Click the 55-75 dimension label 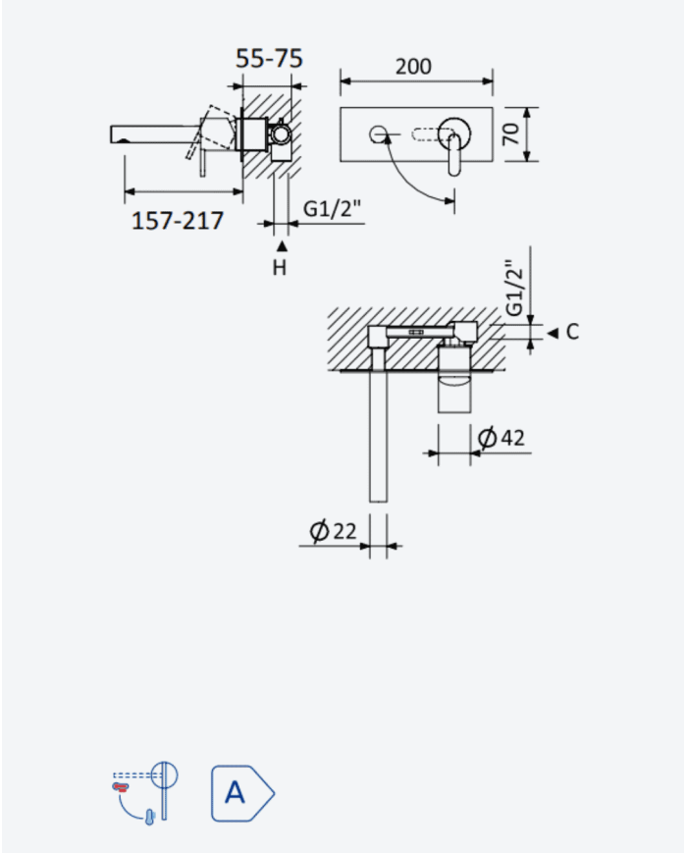269,58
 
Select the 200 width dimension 413,67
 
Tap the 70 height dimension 511,133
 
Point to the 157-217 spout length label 178,221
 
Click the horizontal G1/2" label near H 332,208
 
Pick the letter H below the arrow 280,268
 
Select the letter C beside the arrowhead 572,332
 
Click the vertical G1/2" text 514,288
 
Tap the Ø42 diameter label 501,438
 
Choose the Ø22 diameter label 333,530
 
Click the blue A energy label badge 242,792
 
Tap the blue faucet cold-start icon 145,794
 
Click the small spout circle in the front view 378,133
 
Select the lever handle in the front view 454,155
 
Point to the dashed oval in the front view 432,133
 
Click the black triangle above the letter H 282,246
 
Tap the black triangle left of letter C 553,333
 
